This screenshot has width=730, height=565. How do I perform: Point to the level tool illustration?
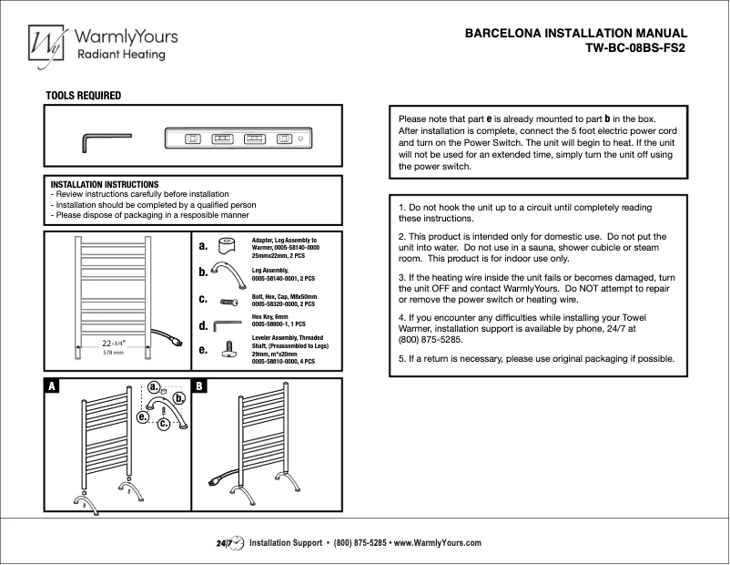239,139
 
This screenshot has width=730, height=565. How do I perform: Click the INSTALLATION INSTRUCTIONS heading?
105,184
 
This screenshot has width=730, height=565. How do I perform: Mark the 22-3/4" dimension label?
107,343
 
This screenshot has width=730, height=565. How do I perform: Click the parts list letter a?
203,246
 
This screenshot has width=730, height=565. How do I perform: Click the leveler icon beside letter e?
224,347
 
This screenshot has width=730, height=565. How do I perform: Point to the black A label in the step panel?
53,386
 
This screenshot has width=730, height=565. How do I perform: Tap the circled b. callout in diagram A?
180,398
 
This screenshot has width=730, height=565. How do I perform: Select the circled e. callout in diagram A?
143,416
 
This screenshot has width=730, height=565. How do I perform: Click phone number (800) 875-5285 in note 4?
431,339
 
